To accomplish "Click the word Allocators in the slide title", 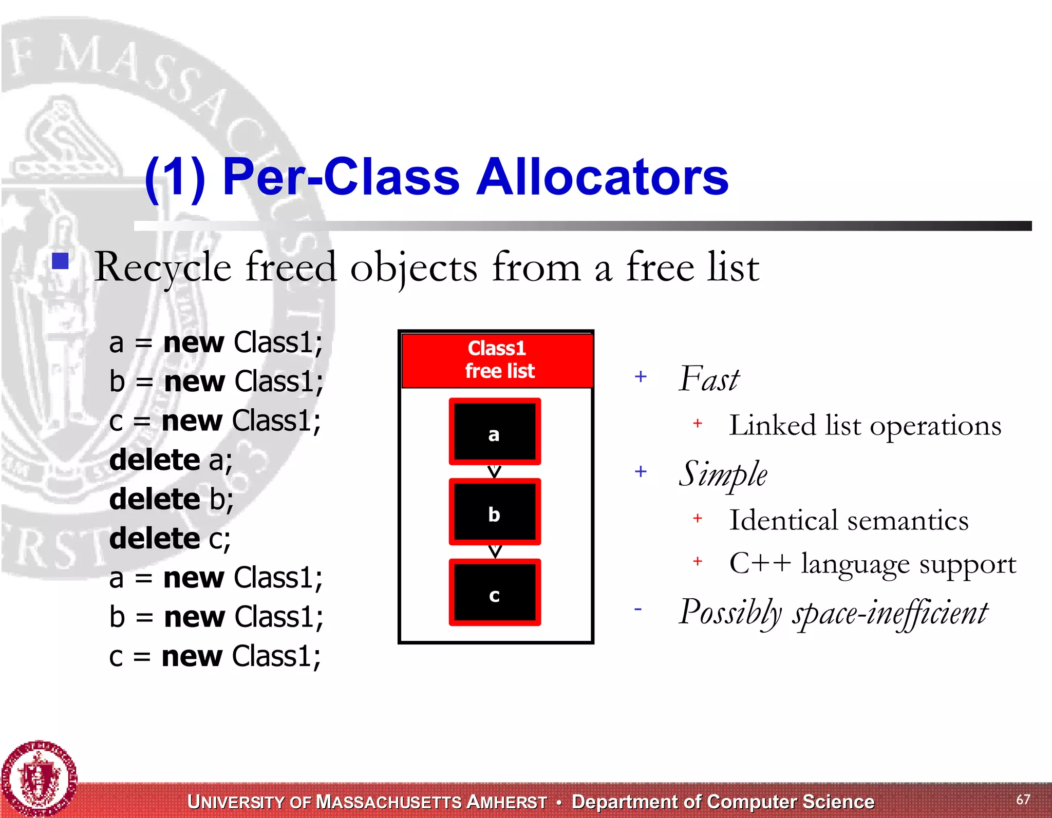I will click(602, 177).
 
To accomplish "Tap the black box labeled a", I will click(495, 432).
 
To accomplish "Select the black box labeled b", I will click(495, 512).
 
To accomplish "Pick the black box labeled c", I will click(495, 593).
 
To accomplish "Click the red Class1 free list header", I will click(497, 360).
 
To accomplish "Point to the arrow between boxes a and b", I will click(494, 471).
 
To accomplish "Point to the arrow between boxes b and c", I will click(495, 551).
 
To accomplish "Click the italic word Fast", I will click(709, 379).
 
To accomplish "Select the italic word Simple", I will click(723, 474).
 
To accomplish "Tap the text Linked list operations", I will click(865, 426).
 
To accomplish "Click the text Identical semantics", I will click(849, 520).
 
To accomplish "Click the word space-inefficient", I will click(890, 613).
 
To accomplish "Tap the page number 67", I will click(1023, 800).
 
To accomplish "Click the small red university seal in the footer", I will click(39, 778).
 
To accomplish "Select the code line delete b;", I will click(172, 499).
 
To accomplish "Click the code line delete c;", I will click(170, 539).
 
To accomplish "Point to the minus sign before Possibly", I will click(638, 610).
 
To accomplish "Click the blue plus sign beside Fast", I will click(641, 377).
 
